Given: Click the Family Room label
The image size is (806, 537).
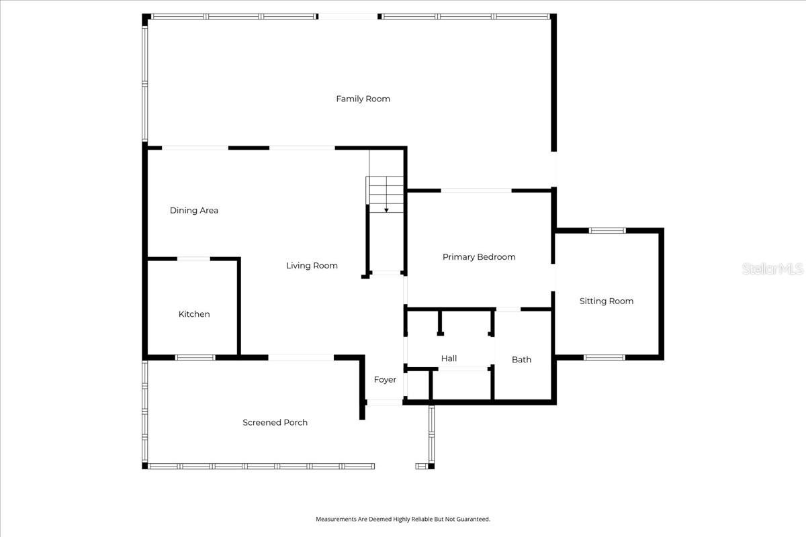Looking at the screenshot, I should point(363,99).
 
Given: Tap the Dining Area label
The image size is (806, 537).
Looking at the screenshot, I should point(193,210).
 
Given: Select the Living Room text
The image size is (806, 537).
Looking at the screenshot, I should point(312,265).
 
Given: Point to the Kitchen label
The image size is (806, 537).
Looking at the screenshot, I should point(194,314).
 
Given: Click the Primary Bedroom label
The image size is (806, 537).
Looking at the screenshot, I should point(479,256).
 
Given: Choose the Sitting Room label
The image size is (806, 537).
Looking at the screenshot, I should point(607,301).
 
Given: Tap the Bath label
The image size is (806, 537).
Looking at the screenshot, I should point(521,359).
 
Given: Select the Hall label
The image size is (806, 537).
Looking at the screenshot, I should point(449,358).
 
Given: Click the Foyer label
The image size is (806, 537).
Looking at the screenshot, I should point(385,380).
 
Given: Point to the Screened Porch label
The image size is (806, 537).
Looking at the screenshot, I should point(275,422).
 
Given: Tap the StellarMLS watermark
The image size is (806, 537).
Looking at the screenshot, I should point(772,269).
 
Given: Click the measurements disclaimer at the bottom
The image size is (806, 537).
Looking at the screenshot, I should point(403,519).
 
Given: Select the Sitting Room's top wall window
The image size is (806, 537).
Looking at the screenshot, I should point(607,231).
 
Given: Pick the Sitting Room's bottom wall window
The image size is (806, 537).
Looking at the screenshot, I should point(604,357).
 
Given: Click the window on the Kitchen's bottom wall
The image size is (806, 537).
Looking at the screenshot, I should point(195,357).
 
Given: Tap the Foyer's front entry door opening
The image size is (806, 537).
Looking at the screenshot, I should point(385,402).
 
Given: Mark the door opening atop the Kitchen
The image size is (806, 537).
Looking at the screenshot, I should point(193,258).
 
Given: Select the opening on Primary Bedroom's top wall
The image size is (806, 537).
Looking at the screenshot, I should point(476,191).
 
